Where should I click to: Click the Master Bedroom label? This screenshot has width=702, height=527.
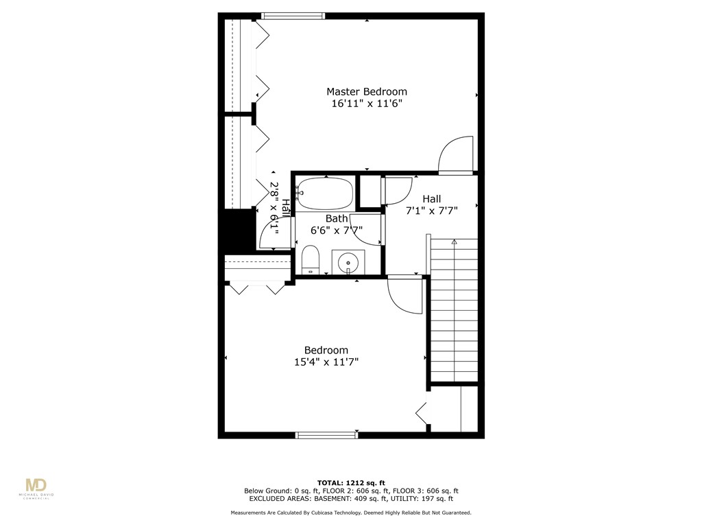[x=366, y=91]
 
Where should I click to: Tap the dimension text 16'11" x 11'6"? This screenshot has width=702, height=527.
[x=366, y=104]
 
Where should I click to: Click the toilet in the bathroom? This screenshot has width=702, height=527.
[x=311, y=261]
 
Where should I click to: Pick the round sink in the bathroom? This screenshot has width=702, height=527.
[x=349, y=262]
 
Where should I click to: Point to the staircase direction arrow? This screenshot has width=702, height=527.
[x=454, y=242]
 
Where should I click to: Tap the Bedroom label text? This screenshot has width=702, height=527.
[x=326, y=350]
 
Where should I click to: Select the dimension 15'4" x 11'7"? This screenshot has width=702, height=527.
[x=326, y=362]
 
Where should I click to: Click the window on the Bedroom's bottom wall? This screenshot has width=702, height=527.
[x=326, y=434]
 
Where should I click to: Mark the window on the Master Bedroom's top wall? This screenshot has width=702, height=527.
[x=293, y=16]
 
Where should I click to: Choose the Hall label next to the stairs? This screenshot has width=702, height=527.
[x=431, y=198]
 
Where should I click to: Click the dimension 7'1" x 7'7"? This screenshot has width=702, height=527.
[x=431, y=211]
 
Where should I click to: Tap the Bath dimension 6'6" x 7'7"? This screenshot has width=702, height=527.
[x=337, y=231]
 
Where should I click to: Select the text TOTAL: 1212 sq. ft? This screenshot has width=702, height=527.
[x=350, y=482]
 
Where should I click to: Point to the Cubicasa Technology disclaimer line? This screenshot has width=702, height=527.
[x=350, y=513]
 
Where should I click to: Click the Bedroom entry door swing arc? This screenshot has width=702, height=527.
[x=404, y=295]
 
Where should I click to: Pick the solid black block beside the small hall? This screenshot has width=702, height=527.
[x=237, y=231]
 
